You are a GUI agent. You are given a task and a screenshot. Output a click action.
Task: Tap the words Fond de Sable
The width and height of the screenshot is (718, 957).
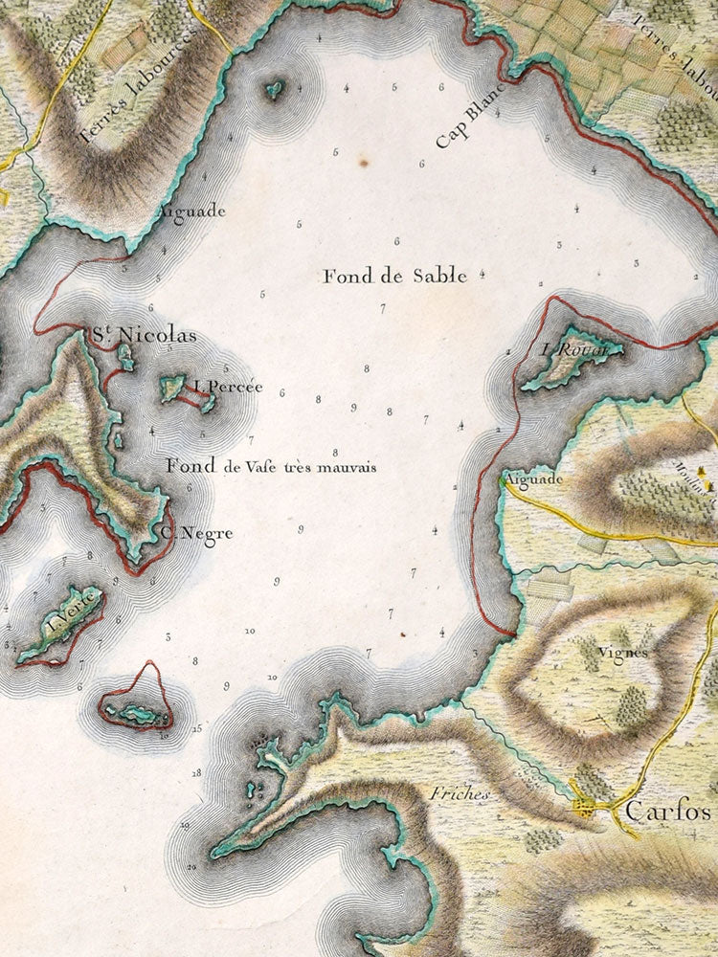394,277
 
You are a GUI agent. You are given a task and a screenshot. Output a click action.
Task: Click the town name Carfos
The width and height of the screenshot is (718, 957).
668,812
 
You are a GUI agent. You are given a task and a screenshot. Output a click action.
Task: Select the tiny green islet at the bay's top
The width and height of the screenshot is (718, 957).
275,90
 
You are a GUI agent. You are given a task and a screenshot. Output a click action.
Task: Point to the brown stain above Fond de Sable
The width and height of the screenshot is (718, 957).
364,164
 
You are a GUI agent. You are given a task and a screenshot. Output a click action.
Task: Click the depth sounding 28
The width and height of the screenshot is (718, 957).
197,771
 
